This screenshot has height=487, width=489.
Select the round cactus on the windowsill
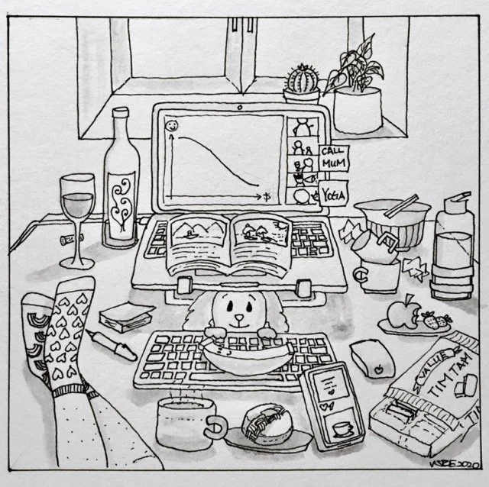pos(301,79)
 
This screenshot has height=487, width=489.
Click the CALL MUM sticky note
pos(332,157)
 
